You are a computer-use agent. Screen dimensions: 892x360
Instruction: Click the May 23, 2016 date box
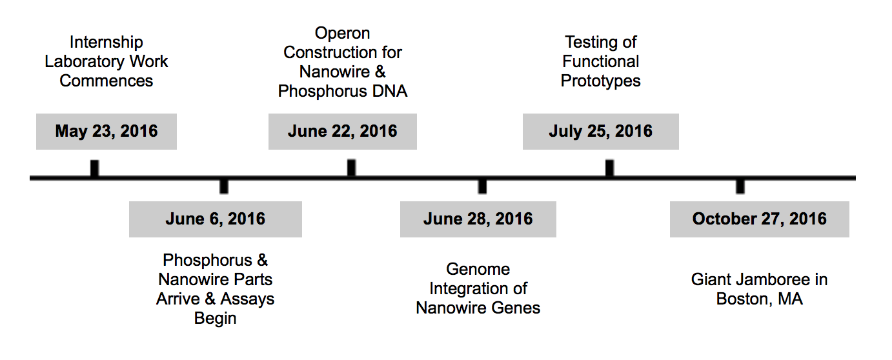(x=106, y=132)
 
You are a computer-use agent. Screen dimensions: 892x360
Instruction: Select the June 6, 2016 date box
(x=216, y=219)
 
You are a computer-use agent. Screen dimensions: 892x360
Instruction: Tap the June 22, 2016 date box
(x=343, y=132)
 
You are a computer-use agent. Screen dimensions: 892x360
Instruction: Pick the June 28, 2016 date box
(x=478, y=219)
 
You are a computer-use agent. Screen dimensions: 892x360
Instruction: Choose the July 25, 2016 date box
(x=600, y=132)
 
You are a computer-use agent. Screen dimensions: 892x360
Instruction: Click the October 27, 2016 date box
(x=760, y=219)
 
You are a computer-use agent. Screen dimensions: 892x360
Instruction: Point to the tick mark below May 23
(x=94, y=168)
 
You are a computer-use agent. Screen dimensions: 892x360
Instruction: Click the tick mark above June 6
(x=224, y=186)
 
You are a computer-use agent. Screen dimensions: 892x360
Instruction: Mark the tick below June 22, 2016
(x=351, y=168)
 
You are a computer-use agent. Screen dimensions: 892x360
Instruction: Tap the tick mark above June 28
(x=482, y=186)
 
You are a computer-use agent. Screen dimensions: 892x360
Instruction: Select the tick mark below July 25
(x=610, y=168)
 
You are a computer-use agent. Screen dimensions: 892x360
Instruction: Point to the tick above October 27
(x=740, y=186)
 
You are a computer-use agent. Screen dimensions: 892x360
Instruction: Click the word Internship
(x=106, y=42)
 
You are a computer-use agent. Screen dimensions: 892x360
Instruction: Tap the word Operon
(x=343, y=34)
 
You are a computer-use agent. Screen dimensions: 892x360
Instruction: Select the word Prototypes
(x=600, y=81)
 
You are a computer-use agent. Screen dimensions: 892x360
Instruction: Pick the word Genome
(x=478, y=269)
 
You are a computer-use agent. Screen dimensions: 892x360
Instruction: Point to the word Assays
(x=247, y=299)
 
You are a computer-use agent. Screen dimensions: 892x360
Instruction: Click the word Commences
(x=106, y=81)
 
